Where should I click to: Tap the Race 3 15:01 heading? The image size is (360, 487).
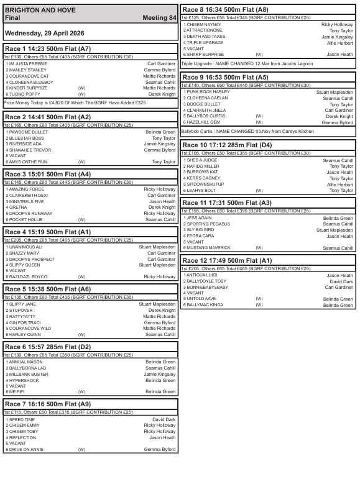[x=48, y=174]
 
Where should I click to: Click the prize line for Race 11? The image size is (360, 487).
[x=246, y=211]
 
